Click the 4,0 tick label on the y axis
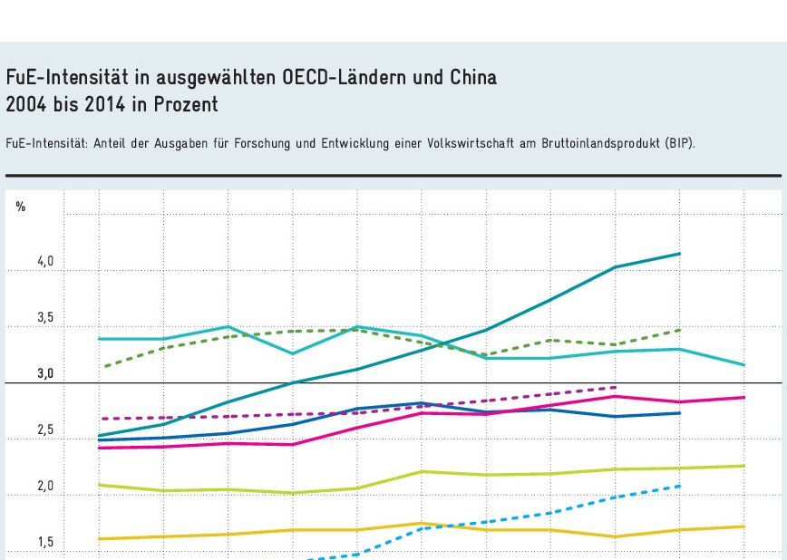pyautogui.click(x=45, y=262)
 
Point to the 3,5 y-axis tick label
pyautogui.click(x=45, y=318)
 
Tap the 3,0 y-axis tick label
pyautogui.click(x=45, y=374)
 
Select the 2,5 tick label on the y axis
pyautogui.click(x=45, y=430)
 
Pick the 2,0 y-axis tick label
pyautogui.click(x=45, y=487)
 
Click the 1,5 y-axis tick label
pyautogui.click(x=45, y=543)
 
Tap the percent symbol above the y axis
pyautogui.click(x=20, y=208)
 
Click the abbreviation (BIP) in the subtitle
pyautogui.click(x=678, y=143)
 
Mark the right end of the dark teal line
pyautogui.click(x=680, y=254)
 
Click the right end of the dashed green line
pyautogui.click(x=680, y=330)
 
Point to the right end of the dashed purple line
pyautogui.click(x=616, y=387)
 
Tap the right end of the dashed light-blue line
pyautogui.click(x=680, y=486)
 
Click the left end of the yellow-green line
pyautogui.click(x=98, y=485)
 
